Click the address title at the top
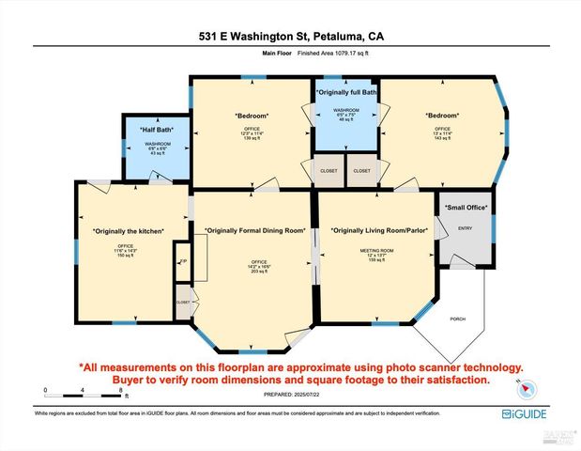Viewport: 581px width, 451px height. [290, 37]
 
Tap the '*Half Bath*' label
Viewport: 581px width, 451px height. [156, 131]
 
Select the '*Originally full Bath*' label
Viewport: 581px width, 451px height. [346, 93]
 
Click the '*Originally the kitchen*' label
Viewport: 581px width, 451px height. [129, 231]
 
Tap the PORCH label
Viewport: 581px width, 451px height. [459, 319]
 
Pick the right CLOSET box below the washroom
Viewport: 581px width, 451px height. [361, 171]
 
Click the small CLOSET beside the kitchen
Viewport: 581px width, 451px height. [182, 303]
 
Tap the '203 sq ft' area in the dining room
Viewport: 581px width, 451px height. [254, 270]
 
